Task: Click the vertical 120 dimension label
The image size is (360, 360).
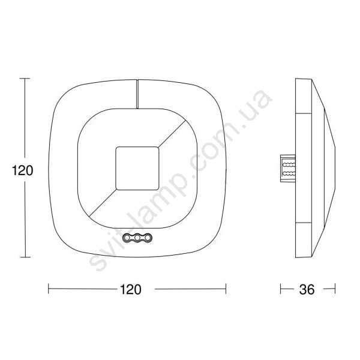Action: (23, 170)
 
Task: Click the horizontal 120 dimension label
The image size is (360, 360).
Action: (131, 290)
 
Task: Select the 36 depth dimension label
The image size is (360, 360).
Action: (307, 290)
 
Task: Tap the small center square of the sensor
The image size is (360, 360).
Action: (137, 168)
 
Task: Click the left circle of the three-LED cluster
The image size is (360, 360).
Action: (127, 238)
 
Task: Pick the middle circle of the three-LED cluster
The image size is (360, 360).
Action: (137, 238)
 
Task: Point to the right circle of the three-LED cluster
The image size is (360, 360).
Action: (149, 238)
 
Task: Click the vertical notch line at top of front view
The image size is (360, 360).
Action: (137, 94)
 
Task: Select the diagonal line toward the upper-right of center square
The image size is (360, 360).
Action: (172, 133)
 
